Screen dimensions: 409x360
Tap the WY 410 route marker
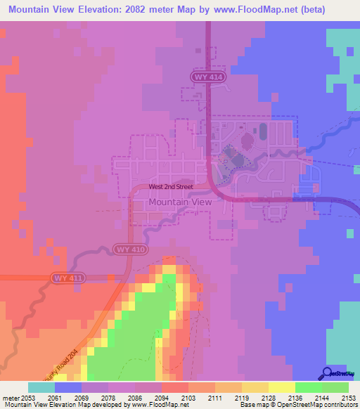(129, 249)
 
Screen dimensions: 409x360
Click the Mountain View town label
(180, 202)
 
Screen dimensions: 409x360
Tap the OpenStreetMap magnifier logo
(328, 374)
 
